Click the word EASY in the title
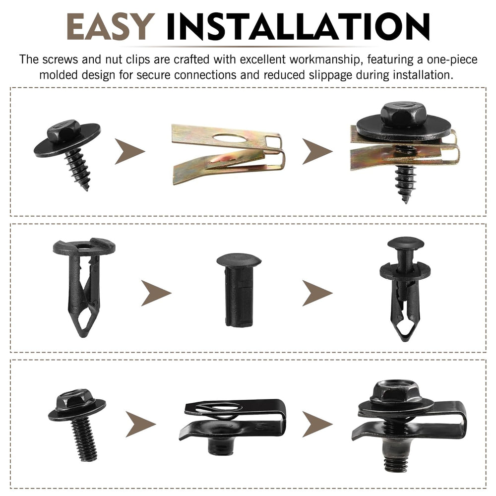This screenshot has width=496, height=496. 111,27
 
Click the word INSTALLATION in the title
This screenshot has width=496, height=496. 298,27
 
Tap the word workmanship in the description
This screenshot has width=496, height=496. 324,60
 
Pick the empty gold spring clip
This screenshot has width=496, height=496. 228,153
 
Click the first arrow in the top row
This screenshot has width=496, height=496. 129,151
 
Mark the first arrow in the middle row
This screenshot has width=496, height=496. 156,293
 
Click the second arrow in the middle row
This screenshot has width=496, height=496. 317,293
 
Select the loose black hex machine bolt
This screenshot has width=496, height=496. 77,425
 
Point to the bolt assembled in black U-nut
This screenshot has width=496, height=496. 409,426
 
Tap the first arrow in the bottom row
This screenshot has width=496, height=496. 141,424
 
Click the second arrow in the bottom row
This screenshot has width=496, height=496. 317,424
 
